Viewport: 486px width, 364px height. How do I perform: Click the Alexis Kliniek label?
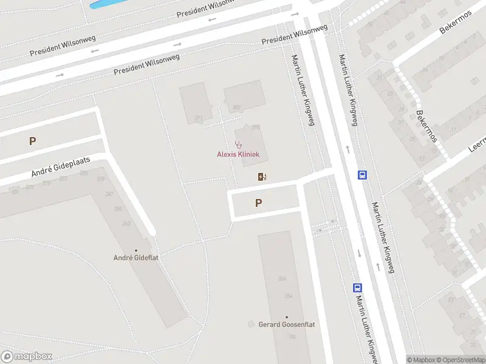pos(238,154)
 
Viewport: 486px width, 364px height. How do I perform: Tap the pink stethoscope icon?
pos(238,144)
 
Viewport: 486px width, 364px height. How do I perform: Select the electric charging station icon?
pos(262,177)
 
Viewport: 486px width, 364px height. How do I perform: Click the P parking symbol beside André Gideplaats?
pos(32,141)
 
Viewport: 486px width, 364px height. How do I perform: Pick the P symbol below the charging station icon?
pos(259,203)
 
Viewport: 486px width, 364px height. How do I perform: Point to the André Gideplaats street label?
pos(61,167)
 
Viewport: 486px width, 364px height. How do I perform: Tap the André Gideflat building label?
pos(135,258)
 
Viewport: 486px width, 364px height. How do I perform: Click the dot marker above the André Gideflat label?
pos(135,250)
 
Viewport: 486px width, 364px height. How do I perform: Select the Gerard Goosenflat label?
pos(287,325)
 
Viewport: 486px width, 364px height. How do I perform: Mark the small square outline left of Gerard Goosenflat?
pos(251,325)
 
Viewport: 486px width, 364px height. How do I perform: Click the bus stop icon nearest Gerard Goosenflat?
pos(358,288)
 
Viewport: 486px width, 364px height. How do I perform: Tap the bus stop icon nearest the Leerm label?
pos(363,175)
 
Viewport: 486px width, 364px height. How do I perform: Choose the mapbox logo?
pos(27,357)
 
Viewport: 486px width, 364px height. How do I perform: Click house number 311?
pos(198,118)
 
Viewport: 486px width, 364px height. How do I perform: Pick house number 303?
pos(236,107)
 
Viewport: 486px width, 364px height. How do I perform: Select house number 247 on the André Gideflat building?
pos(109,194)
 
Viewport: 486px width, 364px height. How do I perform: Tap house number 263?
pos(126,223)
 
